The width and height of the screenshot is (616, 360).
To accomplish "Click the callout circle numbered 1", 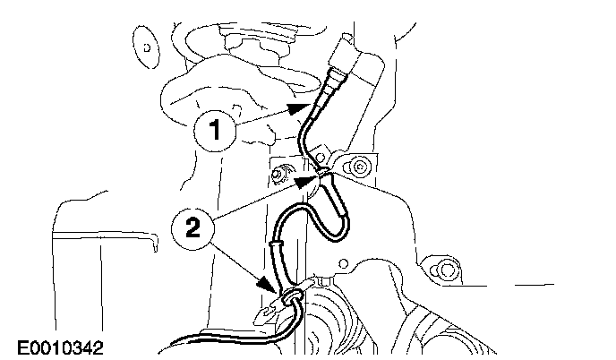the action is coord(215,131).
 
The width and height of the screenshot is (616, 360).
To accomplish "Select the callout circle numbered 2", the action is coord(192,228).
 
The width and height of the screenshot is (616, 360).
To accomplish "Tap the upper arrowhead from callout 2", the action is coord(307,181).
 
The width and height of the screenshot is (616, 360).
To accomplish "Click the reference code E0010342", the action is coord(60,347).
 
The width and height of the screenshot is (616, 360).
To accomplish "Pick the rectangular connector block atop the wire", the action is coord(344,54).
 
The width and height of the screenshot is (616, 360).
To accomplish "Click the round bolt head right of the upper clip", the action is coord(359,167).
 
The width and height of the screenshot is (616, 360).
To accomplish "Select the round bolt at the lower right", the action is coord(447,270).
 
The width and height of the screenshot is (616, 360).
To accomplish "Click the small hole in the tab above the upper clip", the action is coord(321,158).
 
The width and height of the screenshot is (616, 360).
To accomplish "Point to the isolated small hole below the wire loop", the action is coord(343,263).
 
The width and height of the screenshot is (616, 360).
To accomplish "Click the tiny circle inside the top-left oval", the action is coord(147,48).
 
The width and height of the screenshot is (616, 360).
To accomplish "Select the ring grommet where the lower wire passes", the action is coord(294,296).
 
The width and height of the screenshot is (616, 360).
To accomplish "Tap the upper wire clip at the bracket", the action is coord(323,172).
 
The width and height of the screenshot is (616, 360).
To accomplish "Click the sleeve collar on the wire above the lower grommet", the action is coord(276,244).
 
